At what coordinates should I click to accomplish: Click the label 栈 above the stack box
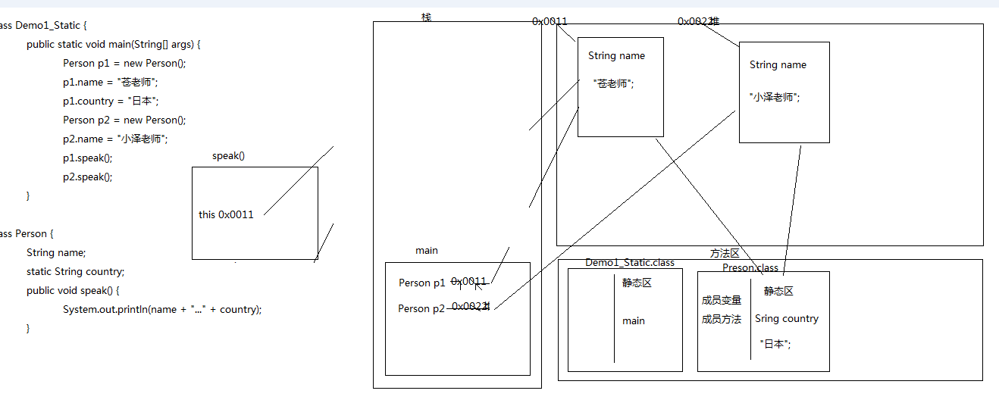(x=427, y=17)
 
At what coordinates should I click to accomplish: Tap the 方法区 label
(x=724, y=254)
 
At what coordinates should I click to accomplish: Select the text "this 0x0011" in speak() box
(x=226, y=214)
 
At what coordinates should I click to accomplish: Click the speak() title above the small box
(x=229, y=156)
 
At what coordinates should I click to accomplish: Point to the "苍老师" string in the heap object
(x=613, y=84)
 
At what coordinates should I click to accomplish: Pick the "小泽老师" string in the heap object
(x=774, y=97)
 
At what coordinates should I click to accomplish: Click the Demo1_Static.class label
(x=629, y=263)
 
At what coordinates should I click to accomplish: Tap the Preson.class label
(x=750, y=268)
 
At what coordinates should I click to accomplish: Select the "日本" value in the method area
(x=775, y=344)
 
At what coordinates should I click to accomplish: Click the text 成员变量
(x=722, y=301)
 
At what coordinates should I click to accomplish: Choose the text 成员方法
(x=722, y=320)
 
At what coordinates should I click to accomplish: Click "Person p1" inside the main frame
(x=421, y=283)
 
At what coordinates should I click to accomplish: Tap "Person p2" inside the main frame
(x=421, y=309)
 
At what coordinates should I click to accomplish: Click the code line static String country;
(x=75, y=271)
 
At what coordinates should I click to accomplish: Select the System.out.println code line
(x=162, y=309)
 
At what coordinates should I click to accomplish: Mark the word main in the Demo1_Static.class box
(x=634, y=321)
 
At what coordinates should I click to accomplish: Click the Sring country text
(x=787, y=319)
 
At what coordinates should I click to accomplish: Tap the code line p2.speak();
(x=88, y=177)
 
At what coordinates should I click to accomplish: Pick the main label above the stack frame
(x=427, y=251)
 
